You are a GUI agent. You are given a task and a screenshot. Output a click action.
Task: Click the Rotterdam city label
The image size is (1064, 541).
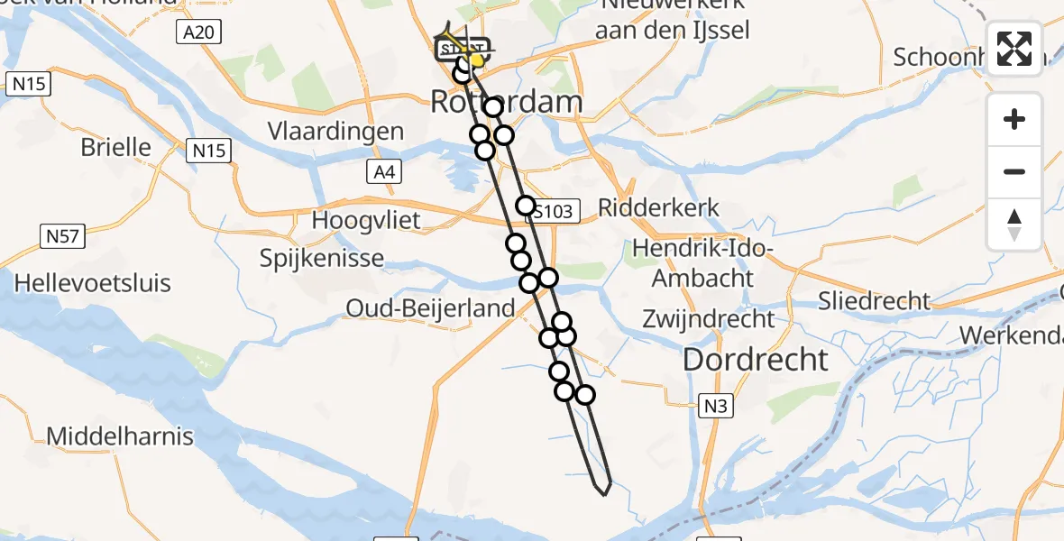(x=506, y=102)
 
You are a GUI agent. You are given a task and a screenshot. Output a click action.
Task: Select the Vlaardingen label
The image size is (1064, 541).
(x=335, y=132)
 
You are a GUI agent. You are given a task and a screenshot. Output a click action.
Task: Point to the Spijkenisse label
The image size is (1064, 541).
(x=322, y=259)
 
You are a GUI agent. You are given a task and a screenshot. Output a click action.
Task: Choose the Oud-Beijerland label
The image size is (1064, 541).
(x=430, y=308)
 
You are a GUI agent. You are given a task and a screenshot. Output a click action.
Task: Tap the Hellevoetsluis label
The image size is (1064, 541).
(x=92, y=283)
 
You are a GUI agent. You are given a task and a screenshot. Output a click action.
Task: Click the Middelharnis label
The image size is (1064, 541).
(x=120, y=437)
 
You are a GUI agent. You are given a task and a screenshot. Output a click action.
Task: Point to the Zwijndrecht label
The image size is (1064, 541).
(x=708, y=318)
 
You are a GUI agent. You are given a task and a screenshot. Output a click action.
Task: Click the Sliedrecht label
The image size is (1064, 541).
(x=874, y=300)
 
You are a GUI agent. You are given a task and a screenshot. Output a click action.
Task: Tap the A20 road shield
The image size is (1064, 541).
(x=199, y=33)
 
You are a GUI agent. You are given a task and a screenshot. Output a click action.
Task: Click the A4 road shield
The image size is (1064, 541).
(x=384, y=172)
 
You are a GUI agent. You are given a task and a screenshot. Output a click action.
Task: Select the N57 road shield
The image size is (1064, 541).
(x=61, y=236)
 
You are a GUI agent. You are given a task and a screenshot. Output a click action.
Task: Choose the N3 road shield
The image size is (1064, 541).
(x=715, y=407)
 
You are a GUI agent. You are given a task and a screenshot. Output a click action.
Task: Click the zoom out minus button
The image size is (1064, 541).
(x=1014, y=171)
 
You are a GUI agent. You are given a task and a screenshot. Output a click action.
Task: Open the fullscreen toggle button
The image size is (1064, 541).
(x=1014, y=49)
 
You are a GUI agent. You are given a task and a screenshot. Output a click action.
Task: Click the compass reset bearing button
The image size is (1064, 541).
(x=1014, y=224)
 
